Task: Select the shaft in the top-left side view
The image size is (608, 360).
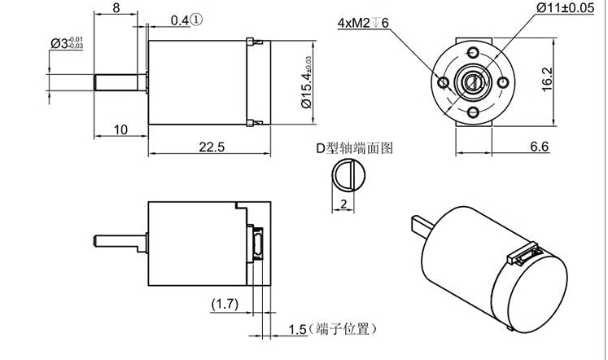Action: pyautogui.click(x=120, y=82)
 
